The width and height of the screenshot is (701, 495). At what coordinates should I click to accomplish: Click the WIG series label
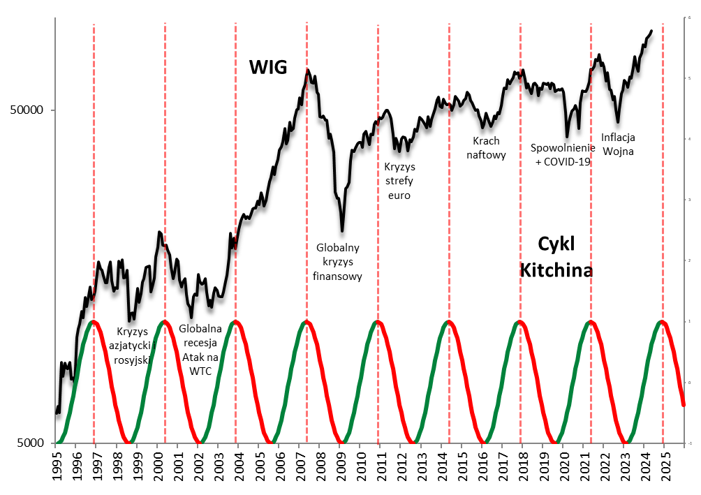tap(269, 67)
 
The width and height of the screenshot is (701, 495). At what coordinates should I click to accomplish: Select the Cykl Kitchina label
tap(556, 256)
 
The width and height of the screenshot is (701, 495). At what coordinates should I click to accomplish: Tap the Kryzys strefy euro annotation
tap(400, 182)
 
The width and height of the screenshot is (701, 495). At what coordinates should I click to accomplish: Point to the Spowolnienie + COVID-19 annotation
tap(563, 154)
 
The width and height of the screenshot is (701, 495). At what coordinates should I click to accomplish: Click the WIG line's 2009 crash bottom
tap(342, 230)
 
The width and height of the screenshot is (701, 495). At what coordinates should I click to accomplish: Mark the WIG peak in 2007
tap(307, 69)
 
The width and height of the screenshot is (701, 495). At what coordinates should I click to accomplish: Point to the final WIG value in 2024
tap(651, 31)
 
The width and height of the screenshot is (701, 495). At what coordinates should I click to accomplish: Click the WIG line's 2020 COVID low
tap(567, 136)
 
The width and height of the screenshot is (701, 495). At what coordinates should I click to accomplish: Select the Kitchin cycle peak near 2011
tap(378, 321)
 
